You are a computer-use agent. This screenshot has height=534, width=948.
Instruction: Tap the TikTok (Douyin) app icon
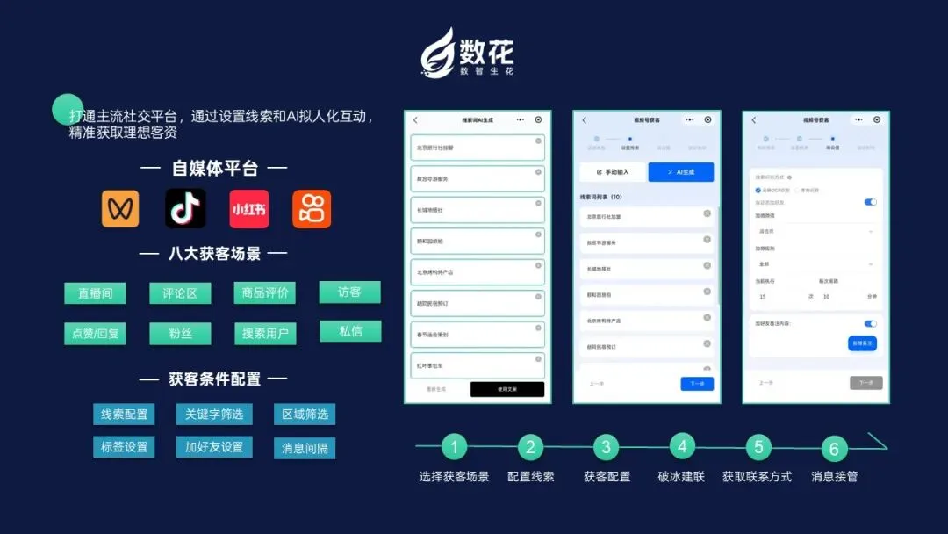coord(185,209)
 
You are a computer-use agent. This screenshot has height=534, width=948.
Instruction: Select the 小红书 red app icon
coord(249,209)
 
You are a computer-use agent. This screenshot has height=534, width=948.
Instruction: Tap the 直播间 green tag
coord(95,293)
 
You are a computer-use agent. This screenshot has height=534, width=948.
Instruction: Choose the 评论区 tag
coord(180,293)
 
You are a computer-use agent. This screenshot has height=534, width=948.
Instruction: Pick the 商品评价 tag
coord(264,292)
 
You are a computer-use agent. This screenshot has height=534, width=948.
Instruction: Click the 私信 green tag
coord(349,331)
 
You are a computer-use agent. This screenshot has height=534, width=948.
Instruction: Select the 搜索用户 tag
coord(264,334)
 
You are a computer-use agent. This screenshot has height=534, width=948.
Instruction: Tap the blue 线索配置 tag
coord(124,414)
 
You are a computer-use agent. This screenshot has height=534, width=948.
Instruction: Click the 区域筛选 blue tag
coord(304,414)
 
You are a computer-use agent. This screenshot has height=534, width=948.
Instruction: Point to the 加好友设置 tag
coord(213,446)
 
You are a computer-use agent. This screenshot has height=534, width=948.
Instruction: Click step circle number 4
coord(682,446)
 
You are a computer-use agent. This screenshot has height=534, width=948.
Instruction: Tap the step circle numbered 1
coord(454,447)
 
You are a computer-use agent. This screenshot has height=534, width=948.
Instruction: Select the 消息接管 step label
coord(834,476)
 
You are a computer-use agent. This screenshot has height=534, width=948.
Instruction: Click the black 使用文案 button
coord(507,389)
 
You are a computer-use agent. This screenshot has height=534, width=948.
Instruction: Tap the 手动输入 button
coord(613,172)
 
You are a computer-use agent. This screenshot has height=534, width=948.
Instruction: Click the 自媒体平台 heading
coord(215,168)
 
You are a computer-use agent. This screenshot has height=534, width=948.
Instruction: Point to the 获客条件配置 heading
coord(215,379)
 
